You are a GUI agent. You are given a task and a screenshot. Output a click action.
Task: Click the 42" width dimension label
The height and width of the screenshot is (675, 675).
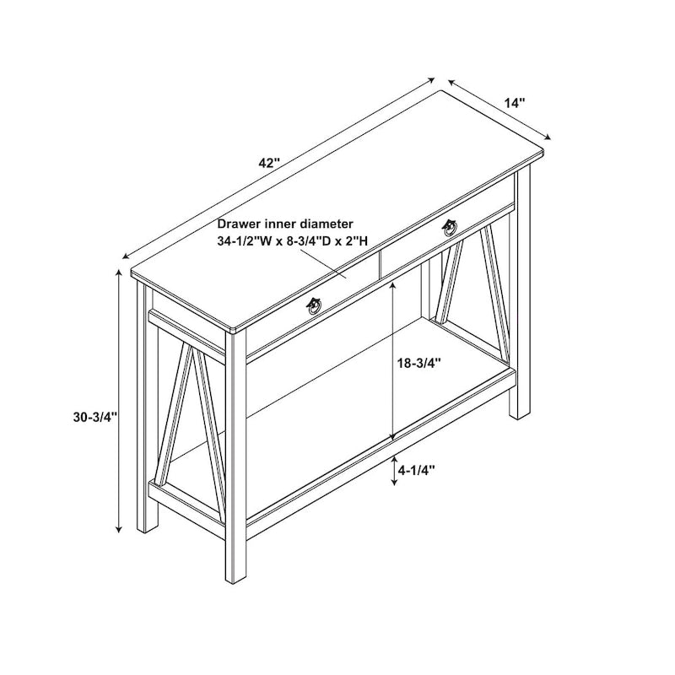(269, 164)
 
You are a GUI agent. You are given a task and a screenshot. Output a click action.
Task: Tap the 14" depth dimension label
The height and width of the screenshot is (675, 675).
(515, 103)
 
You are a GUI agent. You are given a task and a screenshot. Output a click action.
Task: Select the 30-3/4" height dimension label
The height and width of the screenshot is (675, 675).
(95, 417)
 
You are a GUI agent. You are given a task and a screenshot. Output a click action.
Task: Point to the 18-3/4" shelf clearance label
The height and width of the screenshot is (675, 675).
(419, 364)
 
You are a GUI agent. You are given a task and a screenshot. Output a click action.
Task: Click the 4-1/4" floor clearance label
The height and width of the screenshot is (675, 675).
(416, 471)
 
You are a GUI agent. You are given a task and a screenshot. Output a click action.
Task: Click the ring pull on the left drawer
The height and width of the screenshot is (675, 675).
(314, 306)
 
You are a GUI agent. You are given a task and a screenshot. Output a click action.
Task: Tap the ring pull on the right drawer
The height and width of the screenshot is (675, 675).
(451, 227)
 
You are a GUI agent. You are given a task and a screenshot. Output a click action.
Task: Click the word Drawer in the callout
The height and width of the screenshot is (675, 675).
(239, 224)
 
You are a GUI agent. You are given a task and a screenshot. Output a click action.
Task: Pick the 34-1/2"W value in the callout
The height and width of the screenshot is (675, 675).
(244, 241)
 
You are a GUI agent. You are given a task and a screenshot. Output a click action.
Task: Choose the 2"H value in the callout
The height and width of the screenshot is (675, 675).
(355, 241)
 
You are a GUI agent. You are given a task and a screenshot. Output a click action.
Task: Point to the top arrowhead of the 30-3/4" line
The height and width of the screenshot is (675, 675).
(119, 272)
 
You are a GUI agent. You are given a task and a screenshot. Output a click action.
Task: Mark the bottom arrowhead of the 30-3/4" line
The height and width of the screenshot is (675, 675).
(119, 530)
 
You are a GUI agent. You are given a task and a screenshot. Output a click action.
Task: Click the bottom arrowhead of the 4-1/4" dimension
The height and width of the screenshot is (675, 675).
(393, 483)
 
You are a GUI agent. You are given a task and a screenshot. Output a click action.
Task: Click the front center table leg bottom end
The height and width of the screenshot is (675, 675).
(236, 581)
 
